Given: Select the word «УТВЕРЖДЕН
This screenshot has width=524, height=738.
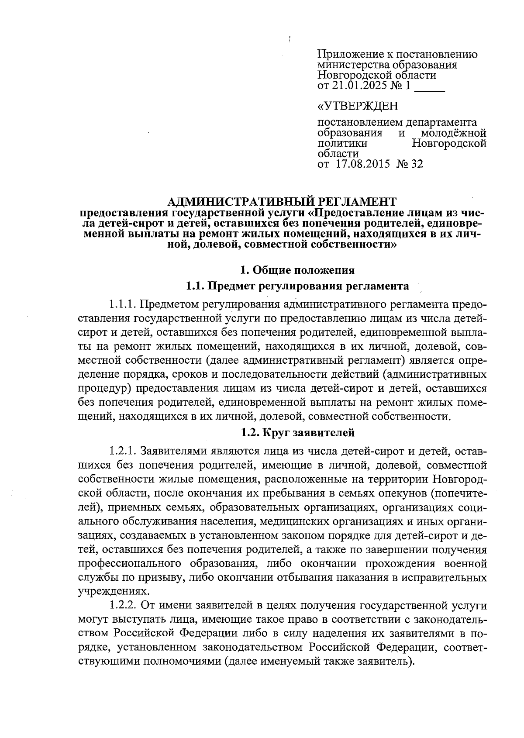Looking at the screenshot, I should pos(358,106).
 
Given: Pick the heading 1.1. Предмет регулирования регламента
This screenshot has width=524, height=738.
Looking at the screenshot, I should pos(297,286).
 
